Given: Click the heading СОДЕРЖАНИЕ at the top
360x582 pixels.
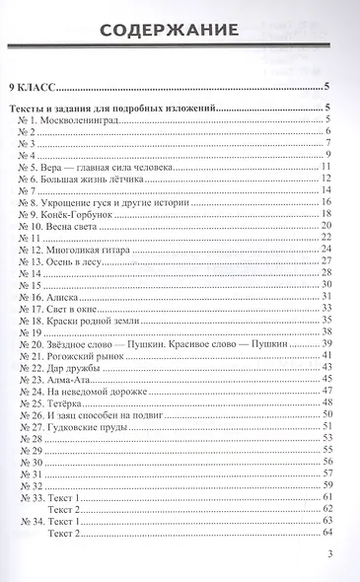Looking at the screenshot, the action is tap(180, 37).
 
